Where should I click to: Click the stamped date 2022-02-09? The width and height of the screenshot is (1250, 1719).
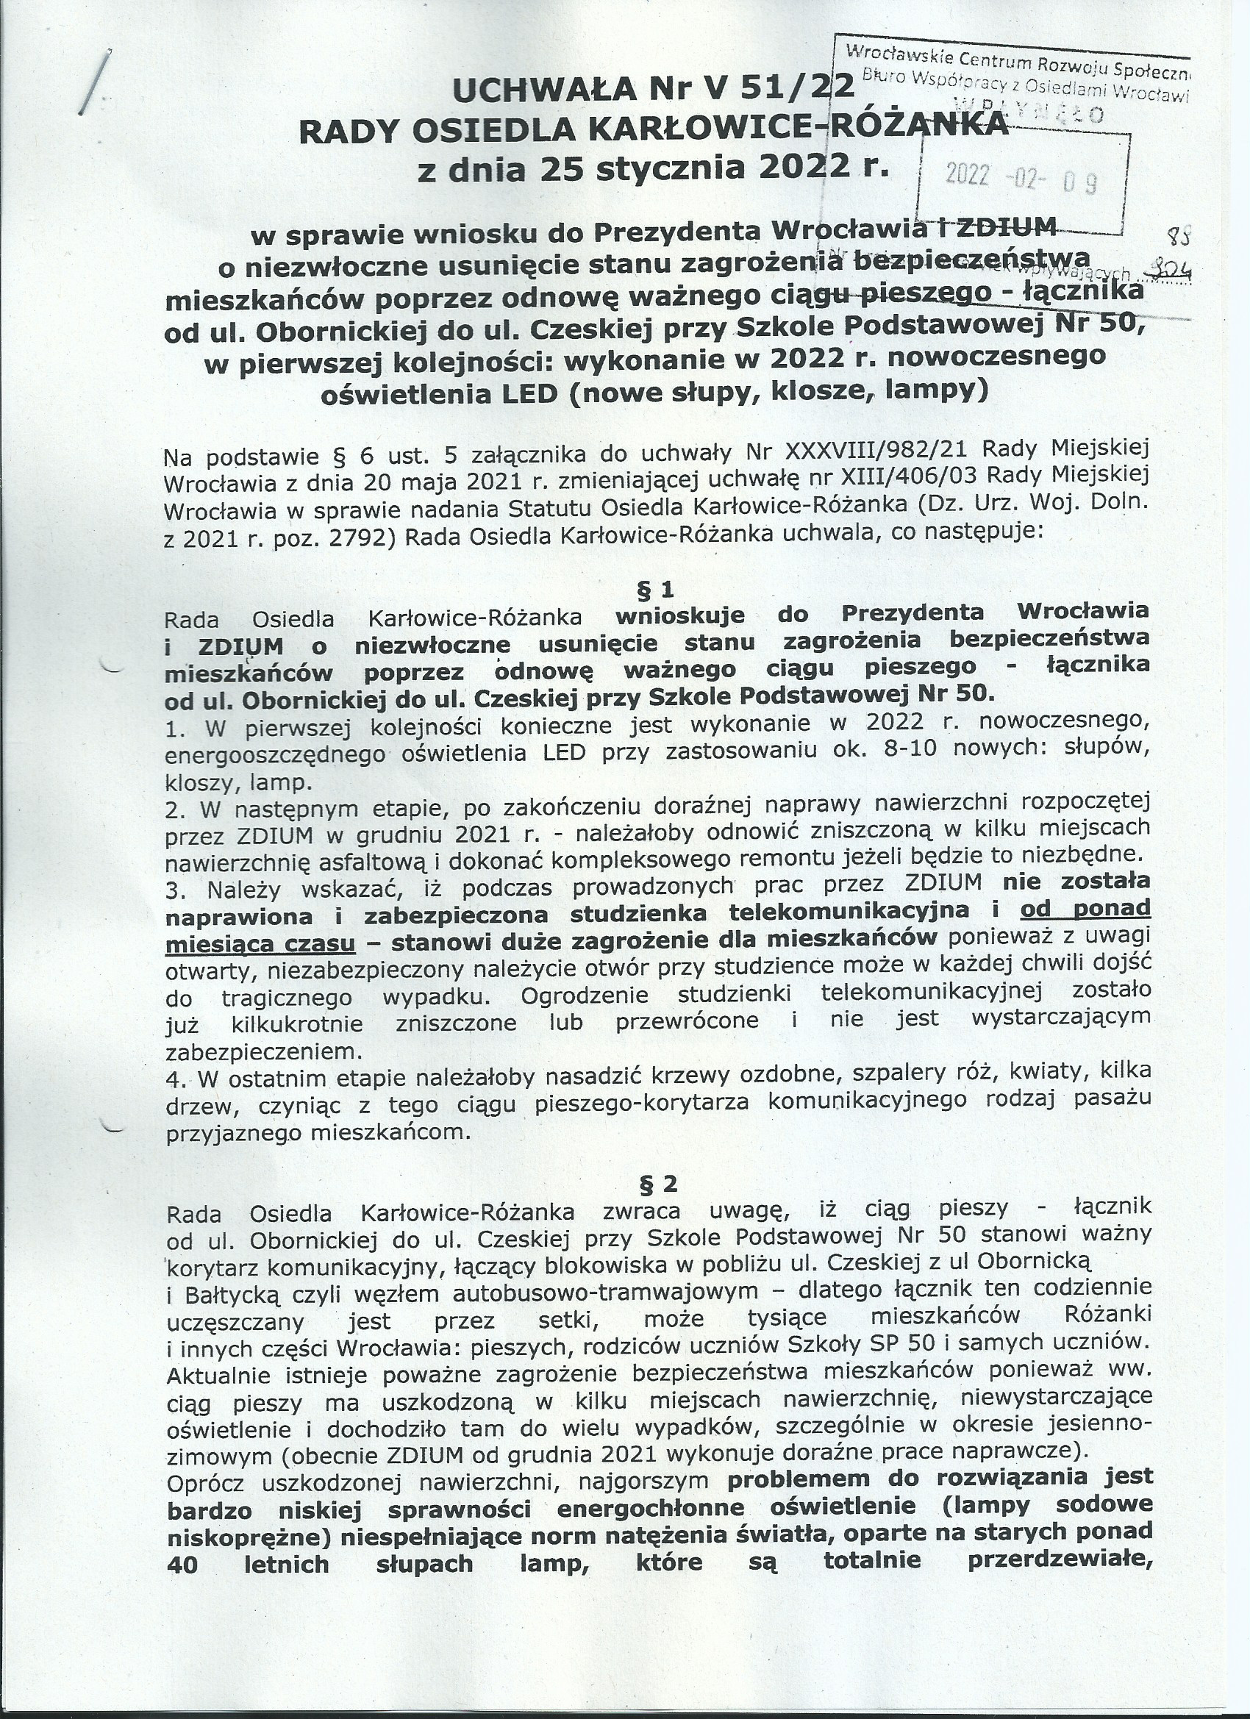(x=1021, y=178)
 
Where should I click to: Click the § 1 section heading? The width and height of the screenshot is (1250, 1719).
(x=657, y=589)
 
